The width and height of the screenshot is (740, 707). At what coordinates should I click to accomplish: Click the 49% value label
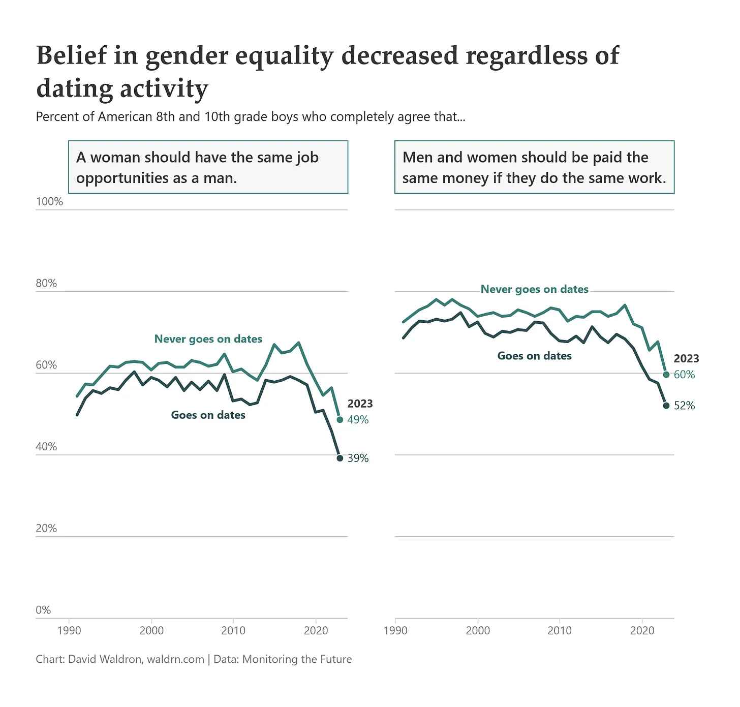click(358, 420)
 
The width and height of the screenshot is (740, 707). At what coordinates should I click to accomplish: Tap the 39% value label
click(358, 458)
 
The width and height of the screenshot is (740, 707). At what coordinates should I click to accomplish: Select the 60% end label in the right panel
click(684, 375)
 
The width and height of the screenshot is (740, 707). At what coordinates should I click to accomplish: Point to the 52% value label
click(684, 406)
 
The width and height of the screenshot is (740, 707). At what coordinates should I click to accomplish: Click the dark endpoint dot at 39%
click(340, 458)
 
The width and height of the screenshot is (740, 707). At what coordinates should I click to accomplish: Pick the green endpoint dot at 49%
click(340, 420)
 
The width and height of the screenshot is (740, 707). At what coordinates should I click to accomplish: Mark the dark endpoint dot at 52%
click(666, 406)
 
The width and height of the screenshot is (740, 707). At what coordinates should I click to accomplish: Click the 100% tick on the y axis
click(49, 202)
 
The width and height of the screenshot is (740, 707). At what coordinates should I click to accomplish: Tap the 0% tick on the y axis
click(43, 610)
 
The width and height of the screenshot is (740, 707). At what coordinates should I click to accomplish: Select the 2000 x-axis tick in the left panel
click(151, 631)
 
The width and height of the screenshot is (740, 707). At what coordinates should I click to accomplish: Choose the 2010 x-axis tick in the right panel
click(560, 631)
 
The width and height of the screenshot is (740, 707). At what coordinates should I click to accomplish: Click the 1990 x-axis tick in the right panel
click(396, 631)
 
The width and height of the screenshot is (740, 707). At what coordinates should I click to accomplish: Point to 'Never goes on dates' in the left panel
click(208, 339)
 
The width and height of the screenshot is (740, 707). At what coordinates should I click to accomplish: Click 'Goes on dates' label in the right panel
click(534, 356)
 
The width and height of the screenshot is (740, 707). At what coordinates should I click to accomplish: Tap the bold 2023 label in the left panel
click(360, 404)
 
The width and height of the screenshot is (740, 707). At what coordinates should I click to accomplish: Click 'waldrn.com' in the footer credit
click(175, 659)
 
